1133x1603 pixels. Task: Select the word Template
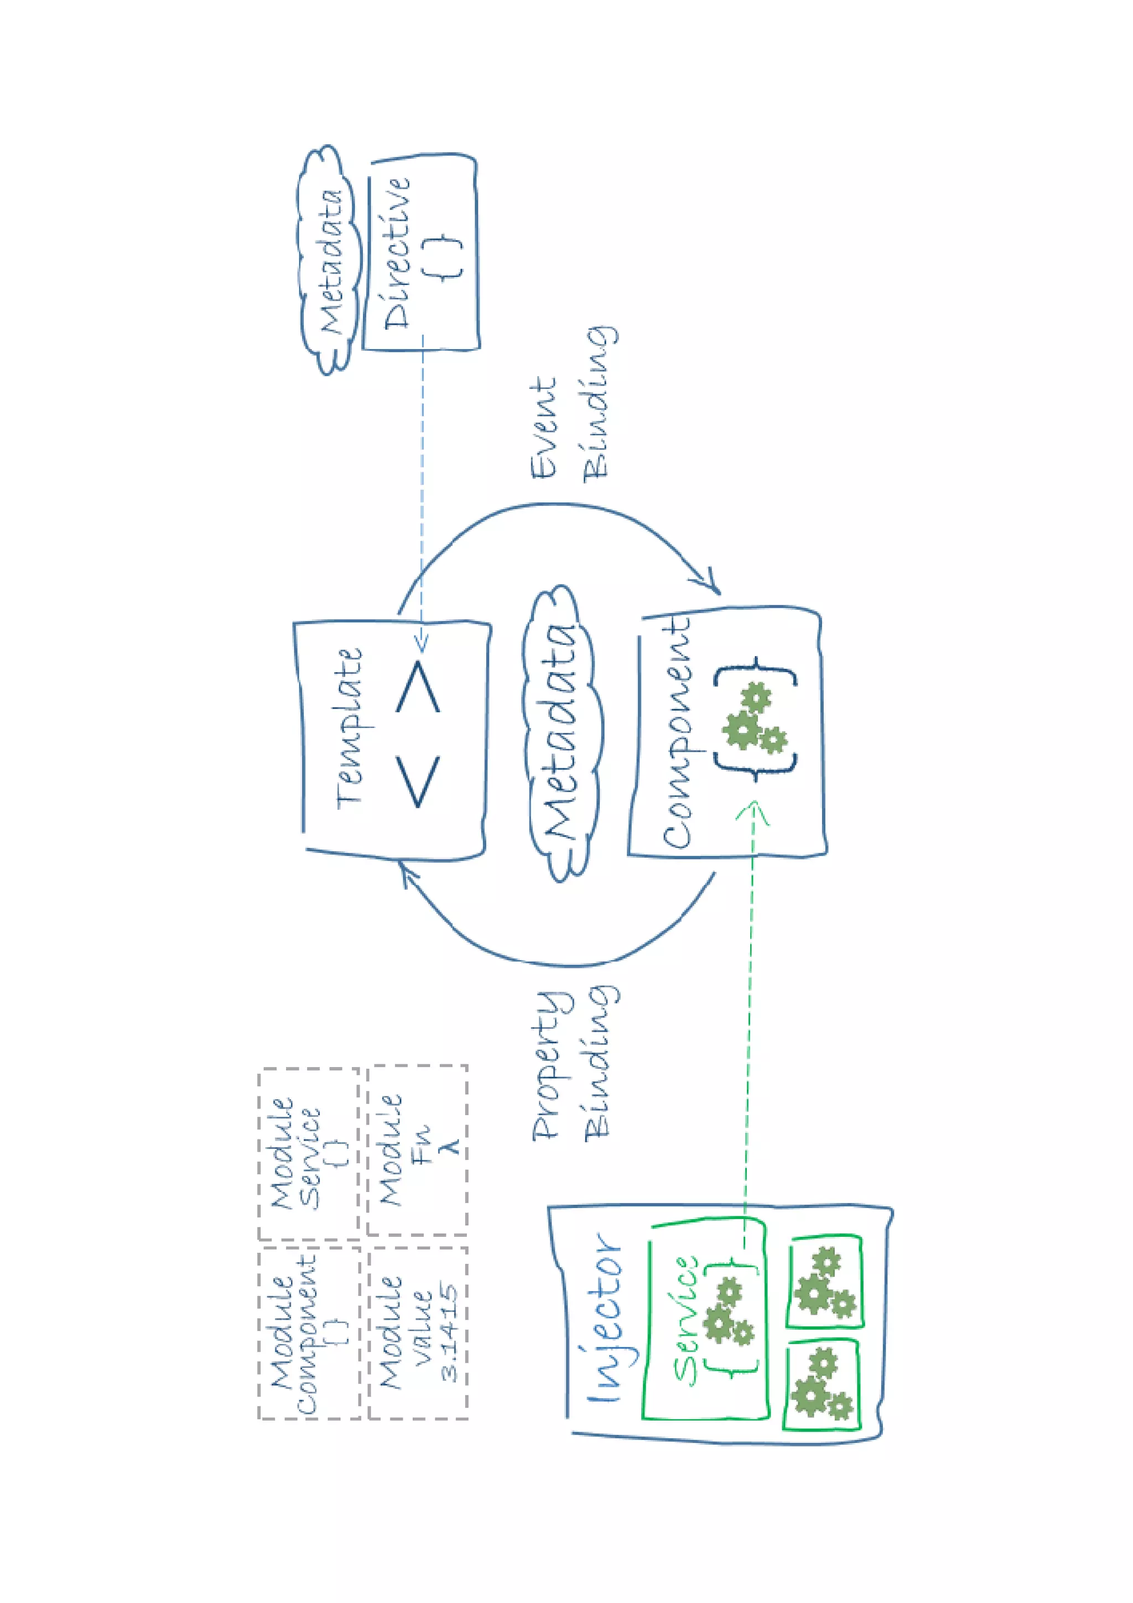tap(349, 729)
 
